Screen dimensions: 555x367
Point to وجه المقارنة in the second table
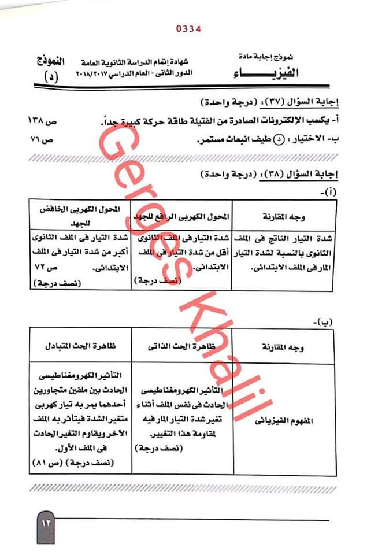[286, 346]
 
